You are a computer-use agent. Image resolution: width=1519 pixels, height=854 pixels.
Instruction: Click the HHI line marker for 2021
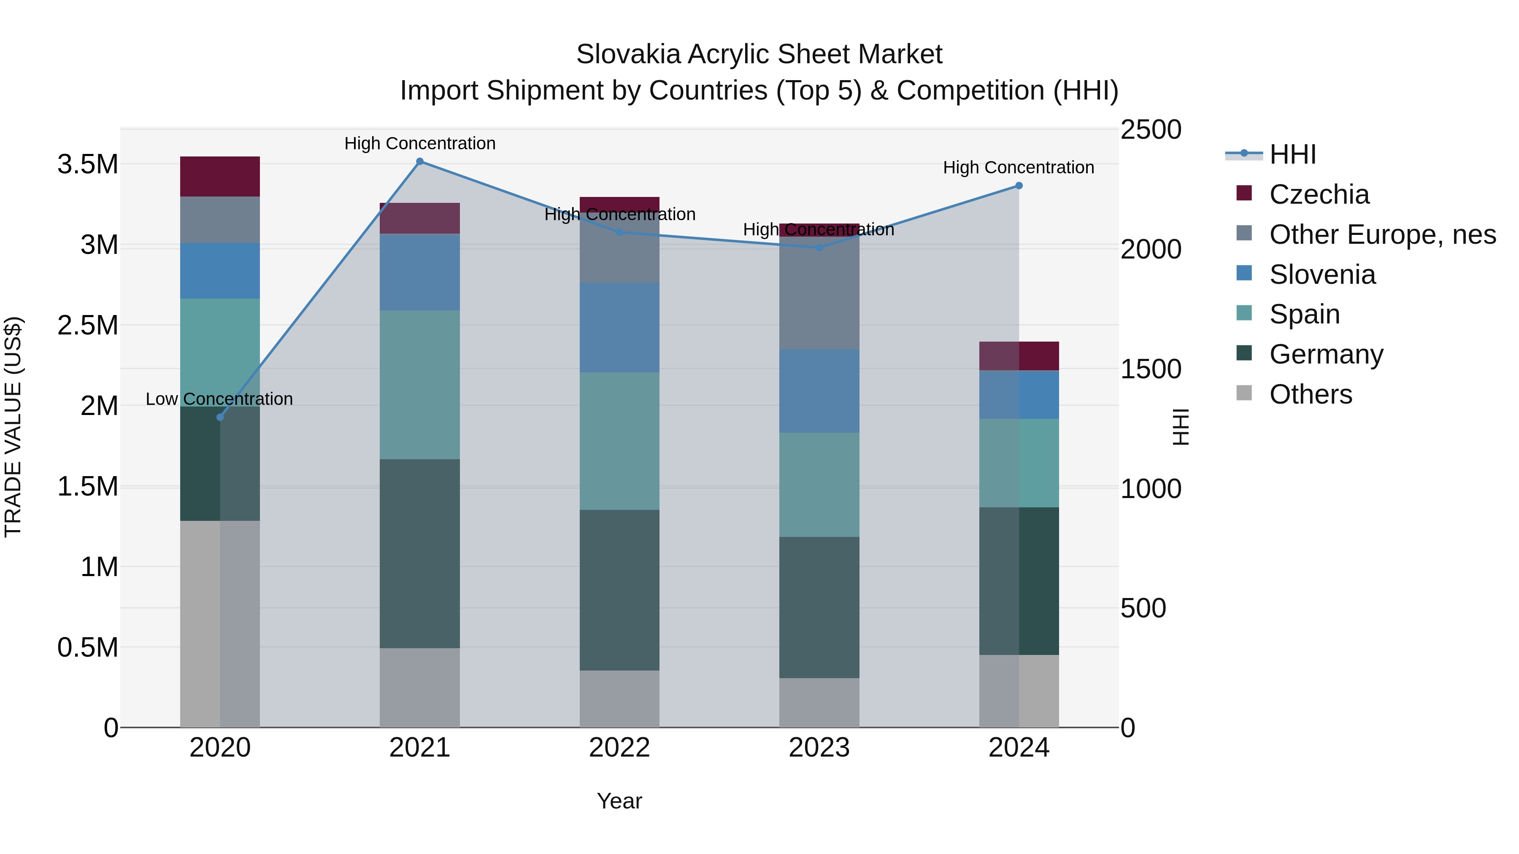[419, 162]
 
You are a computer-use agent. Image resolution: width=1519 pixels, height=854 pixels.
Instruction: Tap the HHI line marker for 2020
[220, 417]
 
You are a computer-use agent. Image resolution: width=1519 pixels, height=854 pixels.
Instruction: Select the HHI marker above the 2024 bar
[1019, 186]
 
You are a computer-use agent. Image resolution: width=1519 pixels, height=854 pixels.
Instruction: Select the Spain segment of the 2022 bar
[619, 441]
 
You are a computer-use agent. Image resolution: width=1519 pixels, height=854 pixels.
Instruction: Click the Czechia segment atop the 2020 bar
[220, 176]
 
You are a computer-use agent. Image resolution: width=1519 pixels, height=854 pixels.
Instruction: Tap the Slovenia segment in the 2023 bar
[819, 391]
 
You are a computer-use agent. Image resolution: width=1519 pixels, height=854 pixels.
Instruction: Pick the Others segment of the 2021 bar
[419, 687]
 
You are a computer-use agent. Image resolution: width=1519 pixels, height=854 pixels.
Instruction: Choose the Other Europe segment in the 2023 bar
[819, 295]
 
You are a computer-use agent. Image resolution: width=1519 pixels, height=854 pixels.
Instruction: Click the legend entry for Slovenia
[1322, 275]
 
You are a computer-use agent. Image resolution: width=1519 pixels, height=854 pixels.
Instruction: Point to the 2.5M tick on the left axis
[87, 325]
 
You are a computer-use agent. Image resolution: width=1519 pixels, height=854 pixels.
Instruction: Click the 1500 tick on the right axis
[1150, 369]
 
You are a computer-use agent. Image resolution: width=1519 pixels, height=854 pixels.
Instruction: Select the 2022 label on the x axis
[619, 748]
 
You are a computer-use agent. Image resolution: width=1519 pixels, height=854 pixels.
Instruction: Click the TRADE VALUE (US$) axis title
[13, 427]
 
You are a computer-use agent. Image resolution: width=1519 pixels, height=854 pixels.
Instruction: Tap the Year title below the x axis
[619, 801]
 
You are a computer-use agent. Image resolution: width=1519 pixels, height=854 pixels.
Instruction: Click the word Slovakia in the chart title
[627, 54]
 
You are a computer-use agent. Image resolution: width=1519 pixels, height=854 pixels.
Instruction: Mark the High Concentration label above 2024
[1019, 167]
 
